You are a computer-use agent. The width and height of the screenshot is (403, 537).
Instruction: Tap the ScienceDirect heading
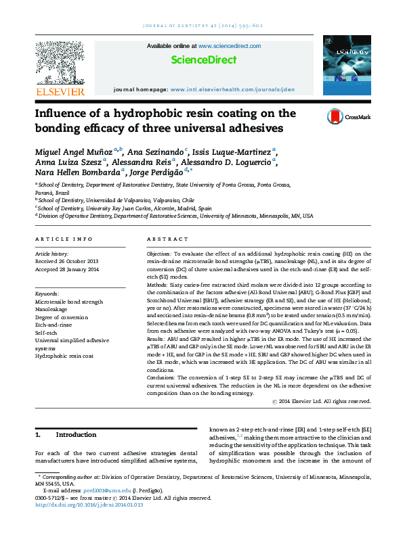point(202,60)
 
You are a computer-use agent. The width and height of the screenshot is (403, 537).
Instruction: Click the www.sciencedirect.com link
point(230,46)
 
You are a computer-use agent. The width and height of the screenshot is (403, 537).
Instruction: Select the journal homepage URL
point(232,89)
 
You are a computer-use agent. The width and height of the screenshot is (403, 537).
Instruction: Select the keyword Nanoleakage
point(51,308)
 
